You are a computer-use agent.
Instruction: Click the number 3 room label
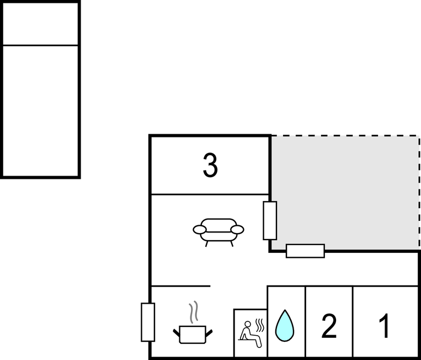210,166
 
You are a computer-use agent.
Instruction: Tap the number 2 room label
329,327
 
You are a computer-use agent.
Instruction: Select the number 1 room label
385,326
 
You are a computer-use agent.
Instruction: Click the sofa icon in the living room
219,231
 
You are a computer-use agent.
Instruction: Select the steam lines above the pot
193,313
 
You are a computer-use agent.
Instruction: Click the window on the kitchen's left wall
147,322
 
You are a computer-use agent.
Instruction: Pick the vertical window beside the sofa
270,220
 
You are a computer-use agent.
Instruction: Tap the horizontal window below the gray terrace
305,251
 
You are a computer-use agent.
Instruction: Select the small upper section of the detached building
40,24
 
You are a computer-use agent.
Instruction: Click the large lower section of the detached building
40,110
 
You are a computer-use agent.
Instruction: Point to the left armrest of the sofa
199,229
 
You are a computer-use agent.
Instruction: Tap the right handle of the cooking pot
209,331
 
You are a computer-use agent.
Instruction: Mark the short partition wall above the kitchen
180,286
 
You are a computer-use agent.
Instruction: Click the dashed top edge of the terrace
345,135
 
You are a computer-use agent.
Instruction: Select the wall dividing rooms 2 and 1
353,321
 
